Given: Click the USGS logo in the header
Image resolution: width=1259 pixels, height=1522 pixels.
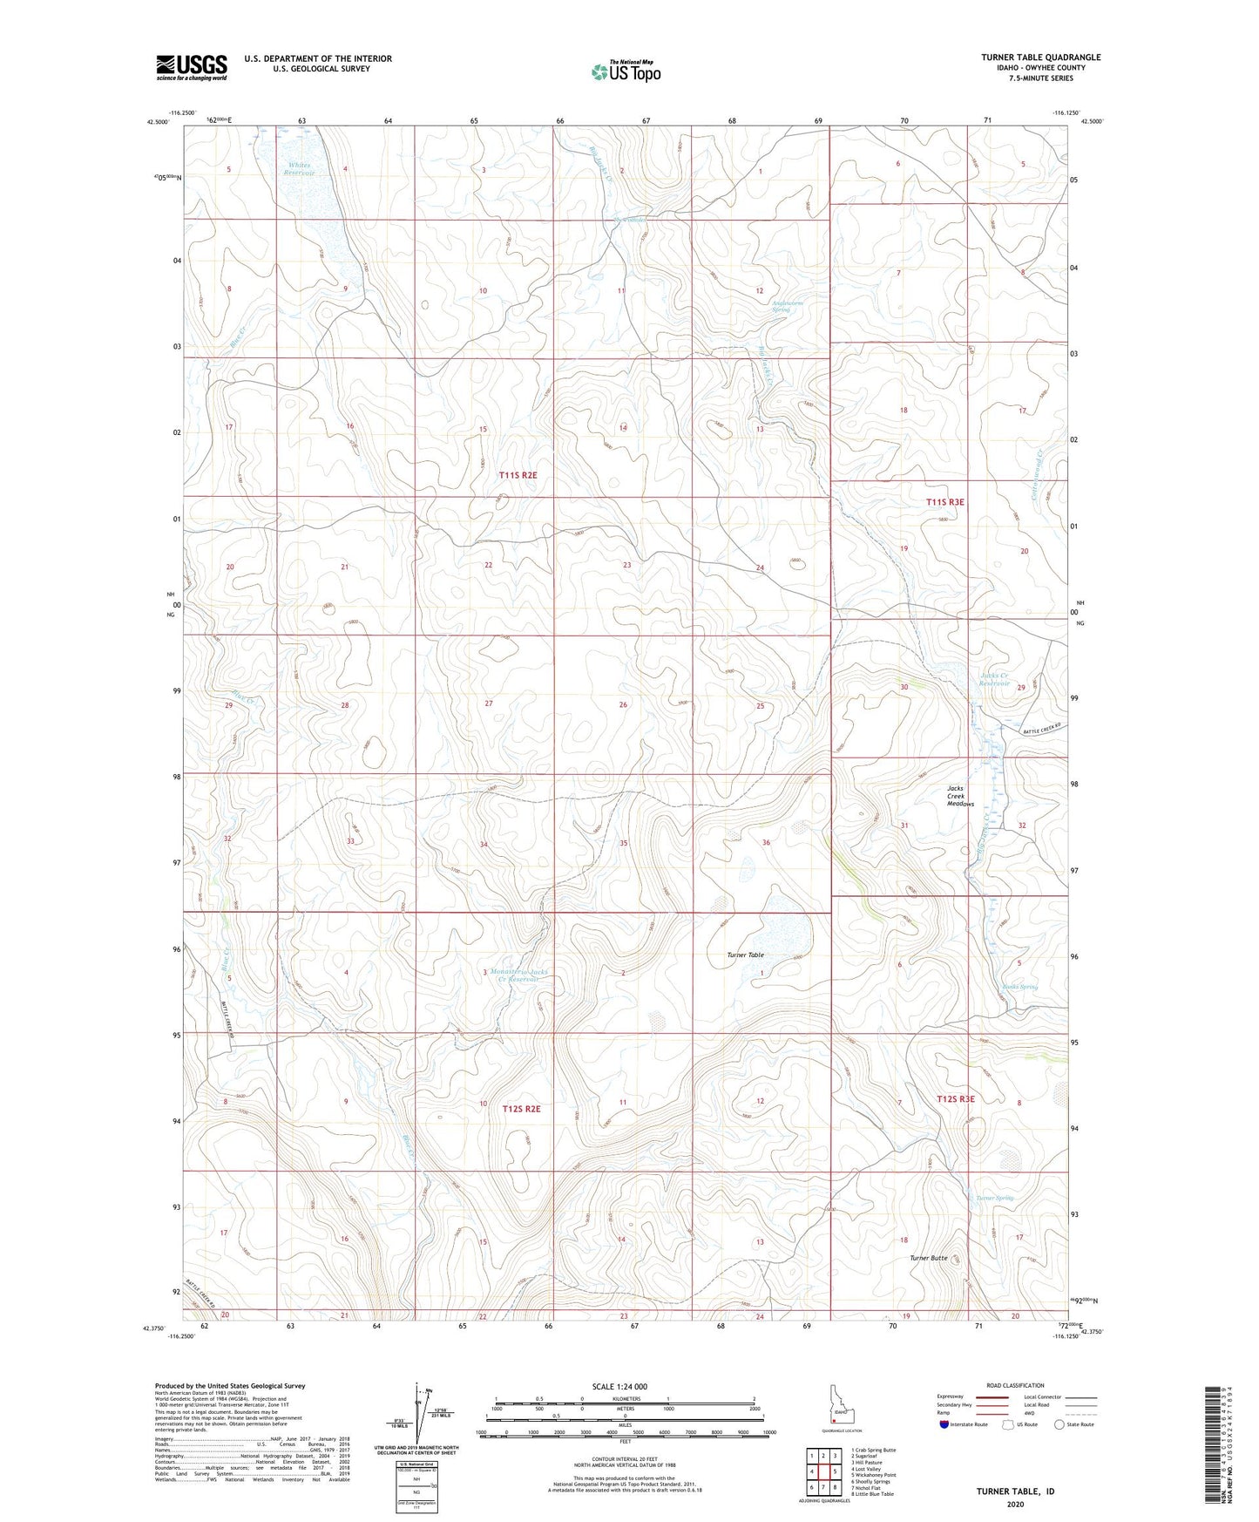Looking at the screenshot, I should pos(191,67).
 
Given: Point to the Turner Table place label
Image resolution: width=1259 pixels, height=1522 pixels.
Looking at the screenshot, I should pos(745,955).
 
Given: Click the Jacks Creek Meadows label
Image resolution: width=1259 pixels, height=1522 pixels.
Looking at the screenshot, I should pos(960,796).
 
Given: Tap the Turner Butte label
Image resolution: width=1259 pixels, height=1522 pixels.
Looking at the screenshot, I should pos(928,1258).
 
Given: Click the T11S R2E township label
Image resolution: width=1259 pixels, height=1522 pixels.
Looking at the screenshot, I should pos(518,475).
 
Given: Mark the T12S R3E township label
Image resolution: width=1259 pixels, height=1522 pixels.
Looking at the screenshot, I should pos(955,1099).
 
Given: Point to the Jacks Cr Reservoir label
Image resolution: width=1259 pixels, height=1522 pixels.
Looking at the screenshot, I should pos(994,679).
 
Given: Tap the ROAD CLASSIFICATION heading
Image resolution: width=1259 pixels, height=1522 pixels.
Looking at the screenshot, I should pos(998,1385).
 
